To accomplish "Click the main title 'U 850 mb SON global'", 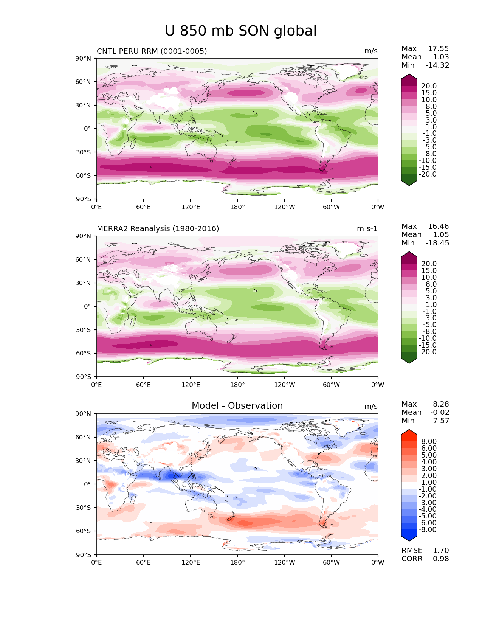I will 240,31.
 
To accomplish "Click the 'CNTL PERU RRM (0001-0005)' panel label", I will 152,51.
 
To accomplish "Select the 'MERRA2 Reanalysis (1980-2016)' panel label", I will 158,229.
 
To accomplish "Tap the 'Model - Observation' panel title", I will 237,406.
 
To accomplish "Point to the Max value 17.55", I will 438,49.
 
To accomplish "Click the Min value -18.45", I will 437,243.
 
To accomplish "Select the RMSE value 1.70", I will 441,551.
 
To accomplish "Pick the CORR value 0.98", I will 441,559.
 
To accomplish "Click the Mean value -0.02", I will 440,413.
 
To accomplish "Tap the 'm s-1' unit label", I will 367,229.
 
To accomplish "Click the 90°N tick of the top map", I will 84,58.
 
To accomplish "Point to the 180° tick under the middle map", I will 237,385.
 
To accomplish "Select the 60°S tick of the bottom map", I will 84,531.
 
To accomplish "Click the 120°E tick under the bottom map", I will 191,563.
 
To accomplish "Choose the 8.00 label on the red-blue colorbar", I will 429,442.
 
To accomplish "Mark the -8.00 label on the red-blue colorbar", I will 428,530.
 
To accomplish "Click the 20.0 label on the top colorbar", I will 429,86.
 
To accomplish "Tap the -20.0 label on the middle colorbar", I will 428,352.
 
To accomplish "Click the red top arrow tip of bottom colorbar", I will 409,430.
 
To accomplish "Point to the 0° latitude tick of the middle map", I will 87,306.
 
